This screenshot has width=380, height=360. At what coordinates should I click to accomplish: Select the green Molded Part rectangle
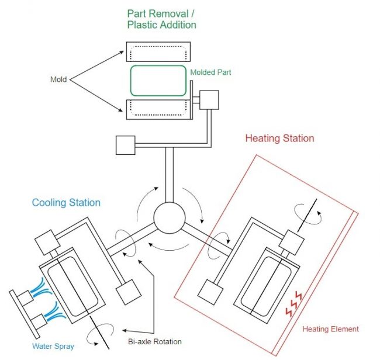(x=158, y=81)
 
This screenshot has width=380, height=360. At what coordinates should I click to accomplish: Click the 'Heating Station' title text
(x=279, y=139)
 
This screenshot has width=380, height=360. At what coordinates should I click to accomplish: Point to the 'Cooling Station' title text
(x=66, y=203)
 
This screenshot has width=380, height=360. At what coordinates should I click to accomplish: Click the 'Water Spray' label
(x=53, y=347)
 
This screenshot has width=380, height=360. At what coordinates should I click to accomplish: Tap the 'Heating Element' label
(x=330, y=329)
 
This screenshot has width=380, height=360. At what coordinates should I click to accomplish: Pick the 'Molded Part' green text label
(x=210, y=72)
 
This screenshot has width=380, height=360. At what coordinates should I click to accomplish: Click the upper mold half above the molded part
(x=158, y=51)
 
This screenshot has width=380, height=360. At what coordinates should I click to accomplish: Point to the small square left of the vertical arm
(x=126, y=145)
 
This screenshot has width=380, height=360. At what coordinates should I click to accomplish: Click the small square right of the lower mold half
(x=209, y=100)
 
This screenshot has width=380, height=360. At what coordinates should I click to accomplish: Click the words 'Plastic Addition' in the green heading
(x=161, y=25)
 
